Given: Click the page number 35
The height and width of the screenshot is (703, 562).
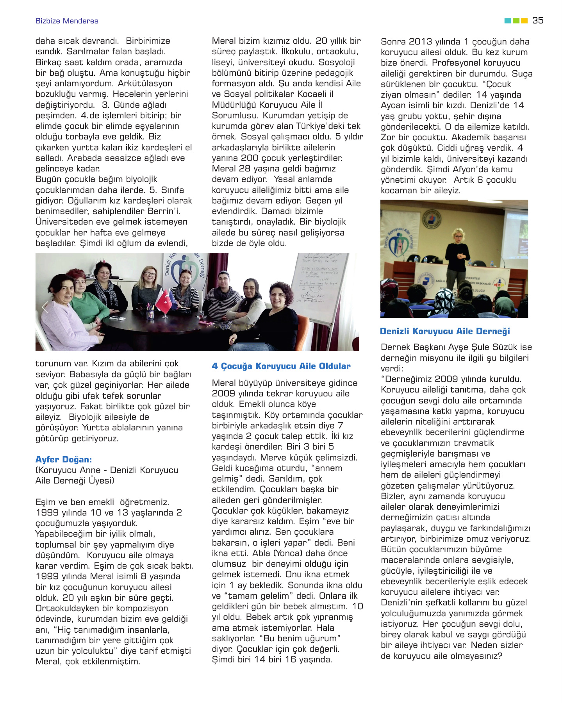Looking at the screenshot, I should point(538,21).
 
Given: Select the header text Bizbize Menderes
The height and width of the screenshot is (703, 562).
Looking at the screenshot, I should point(67,21).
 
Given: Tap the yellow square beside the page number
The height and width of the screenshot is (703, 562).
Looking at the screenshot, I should point(525,21).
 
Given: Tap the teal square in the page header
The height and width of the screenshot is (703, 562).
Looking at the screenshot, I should point(508,21).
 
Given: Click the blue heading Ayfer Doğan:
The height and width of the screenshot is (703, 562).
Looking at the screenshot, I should point(64,459).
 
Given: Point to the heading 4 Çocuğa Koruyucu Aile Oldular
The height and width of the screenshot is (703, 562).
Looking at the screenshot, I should point(281,366).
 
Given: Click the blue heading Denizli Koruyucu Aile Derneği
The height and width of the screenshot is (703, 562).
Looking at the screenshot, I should point(445,332).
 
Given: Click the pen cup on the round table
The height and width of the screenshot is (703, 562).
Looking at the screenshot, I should point(150,312).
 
